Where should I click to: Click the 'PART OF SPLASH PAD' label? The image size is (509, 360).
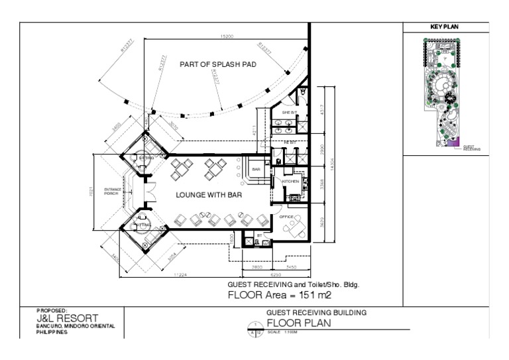[218, 65]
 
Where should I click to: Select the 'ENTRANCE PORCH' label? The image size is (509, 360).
[113, 192]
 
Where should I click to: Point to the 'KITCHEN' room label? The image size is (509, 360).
[290, 181]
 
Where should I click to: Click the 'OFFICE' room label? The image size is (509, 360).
[286, 217]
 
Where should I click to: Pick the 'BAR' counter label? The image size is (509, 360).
[256, 170]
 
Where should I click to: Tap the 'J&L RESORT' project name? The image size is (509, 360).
[67, 318]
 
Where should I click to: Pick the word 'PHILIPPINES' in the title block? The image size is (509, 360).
[52, 332]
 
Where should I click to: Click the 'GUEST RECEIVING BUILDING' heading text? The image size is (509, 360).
[316, 312]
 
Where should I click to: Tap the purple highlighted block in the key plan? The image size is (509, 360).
[453, 141]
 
